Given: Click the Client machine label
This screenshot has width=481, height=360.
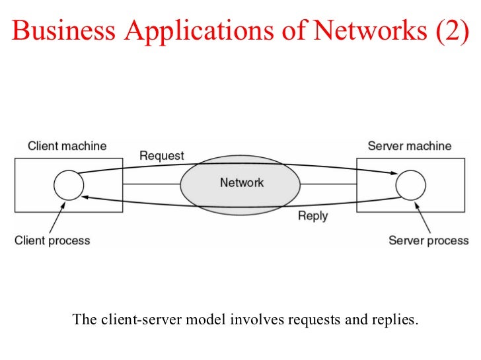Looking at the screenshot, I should (x=67, y=146).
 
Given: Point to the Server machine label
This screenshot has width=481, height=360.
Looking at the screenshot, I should (x=410, y=146).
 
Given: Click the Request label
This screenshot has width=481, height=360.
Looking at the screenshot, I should (x=161, y=156).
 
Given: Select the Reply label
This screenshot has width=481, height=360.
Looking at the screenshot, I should (x=313, y=216).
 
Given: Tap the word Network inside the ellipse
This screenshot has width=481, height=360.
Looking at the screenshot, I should (x=242, y=183).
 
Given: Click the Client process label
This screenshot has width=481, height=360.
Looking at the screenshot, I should (x=52, y=240).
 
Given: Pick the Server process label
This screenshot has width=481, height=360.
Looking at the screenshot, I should (x=428, y=240).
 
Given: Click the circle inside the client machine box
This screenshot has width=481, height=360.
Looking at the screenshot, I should (x=69, y=185).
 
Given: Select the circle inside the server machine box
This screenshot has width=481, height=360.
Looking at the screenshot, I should (x=411, y=185).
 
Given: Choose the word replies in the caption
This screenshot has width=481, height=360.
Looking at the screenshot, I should (x=394, y=320).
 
